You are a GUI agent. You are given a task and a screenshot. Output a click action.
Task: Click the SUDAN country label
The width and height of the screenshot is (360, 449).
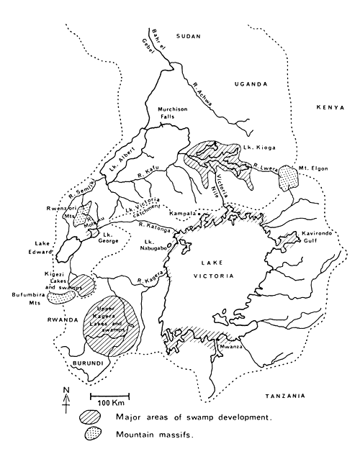click(x=189, y=35)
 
